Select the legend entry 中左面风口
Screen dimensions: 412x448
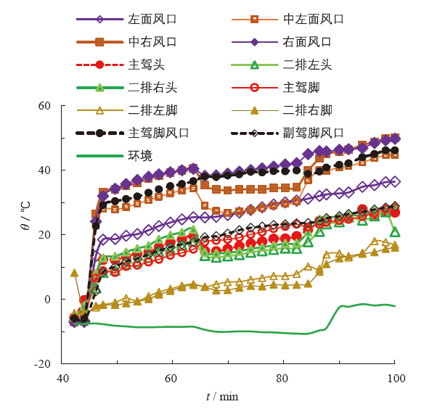coord(314,19)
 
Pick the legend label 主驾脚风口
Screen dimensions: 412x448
coord(158,133)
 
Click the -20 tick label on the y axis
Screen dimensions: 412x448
coord(43,363)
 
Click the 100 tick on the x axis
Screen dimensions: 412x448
coord(396,379)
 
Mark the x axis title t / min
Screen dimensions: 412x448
coord(221,397)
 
